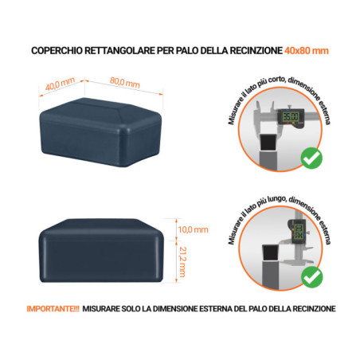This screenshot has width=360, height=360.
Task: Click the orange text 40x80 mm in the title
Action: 307,51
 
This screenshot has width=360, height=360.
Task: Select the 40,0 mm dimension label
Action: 59,84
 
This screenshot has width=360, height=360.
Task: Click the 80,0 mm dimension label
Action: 124,84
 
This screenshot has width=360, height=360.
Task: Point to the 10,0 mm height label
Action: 190,229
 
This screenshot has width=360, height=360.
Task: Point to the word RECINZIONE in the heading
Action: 252,51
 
